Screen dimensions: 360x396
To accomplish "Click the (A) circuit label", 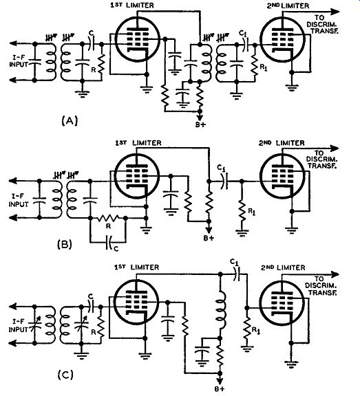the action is click(x=70, y=121).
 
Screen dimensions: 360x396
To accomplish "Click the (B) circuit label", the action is click(x=65, y=244).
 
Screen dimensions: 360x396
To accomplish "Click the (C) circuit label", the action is click(x=65, y=375).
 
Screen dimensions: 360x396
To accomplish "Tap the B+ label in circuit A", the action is click(x=200, y=124).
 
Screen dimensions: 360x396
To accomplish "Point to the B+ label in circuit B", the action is click(x=209, y=238).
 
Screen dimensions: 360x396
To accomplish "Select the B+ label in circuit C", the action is click(x=220, y=389).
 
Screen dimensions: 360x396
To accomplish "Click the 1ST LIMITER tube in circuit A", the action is click(x=137, y=40).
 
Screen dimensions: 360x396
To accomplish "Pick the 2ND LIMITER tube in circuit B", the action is click(x=282, y=175).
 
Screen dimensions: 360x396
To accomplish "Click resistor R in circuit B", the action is click(x=109, y=217).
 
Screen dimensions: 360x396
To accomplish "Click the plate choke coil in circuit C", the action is click(x=220, y=310).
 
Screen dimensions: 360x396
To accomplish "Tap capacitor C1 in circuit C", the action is click(x=237, y=274).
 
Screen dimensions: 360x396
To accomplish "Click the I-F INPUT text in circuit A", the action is click(x=19, y=61).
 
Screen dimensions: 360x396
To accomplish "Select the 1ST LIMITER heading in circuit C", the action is click(x=136, y=267).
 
